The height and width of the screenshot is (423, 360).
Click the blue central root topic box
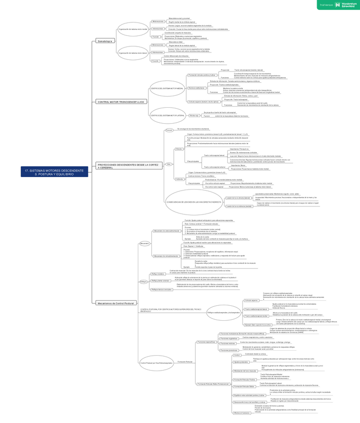click(54, 172)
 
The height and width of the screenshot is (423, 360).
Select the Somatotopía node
click(105, 41)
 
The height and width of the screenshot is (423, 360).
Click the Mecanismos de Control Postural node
click(116, 303)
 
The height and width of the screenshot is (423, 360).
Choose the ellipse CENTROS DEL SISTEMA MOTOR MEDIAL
click(167, 88)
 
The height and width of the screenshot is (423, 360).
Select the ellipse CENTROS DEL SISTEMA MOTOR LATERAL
click(167, 115)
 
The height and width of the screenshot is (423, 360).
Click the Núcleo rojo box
click(194, 116)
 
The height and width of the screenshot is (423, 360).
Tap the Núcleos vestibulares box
click(196, 88)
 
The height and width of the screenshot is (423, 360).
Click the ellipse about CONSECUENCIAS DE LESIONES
click(194, 202)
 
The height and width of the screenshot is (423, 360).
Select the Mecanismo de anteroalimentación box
click(167, 231)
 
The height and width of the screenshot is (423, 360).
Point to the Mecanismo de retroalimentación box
click(167, 256)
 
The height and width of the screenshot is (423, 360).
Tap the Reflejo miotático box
click(157, 274)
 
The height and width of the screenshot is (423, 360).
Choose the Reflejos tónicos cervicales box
click(161, 289)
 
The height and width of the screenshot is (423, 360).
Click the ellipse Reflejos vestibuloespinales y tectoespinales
click(223, 312)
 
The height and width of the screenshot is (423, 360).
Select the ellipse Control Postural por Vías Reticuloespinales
click(156, 363)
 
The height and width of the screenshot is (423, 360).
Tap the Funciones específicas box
click(206, 342)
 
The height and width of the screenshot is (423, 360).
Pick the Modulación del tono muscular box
click(245, 371)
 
